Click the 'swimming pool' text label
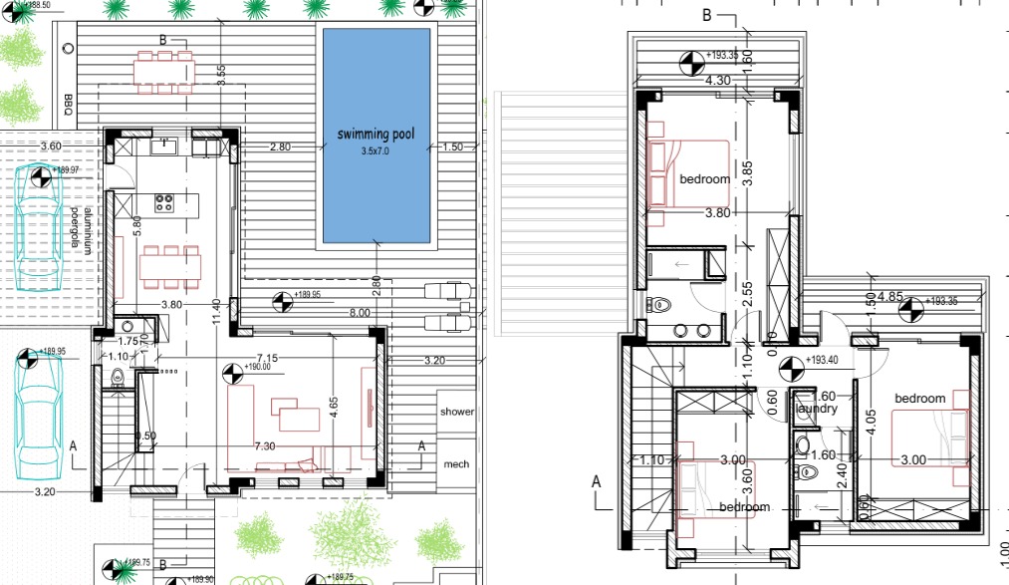375,135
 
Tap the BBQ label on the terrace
69,105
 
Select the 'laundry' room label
816,409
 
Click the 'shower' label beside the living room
457,412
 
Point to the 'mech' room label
456,464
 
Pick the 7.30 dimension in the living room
265,446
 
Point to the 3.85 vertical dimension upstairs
748,175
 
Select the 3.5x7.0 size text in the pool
375,152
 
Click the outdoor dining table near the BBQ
163,71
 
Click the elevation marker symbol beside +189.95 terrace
282,297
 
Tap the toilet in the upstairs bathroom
658,305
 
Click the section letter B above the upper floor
706,15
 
